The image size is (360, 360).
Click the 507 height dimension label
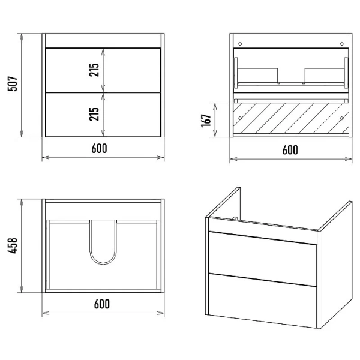(x=13, y=84)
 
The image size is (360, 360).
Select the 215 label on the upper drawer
(x=94, y=70)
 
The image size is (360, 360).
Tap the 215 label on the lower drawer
(x=94, y=114)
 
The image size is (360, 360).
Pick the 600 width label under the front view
(x=99, y=148)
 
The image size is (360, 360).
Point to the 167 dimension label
(x=206, y=120)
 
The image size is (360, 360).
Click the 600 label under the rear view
(x=290, y=149)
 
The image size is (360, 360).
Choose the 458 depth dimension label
(x=13, y=245)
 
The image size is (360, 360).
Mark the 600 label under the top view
(x=102, y=304)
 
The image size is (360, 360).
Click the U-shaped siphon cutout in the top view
(x=103, y=263)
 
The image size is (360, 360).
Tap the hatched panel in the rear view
(x=291, y=118)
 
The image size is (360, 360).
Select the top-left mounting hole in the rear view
(x=240, y=44)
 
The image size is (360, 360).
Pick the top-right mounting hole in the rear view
(x=342, y=44)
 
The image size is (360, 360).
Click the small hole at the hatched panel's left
(x=240, y=118)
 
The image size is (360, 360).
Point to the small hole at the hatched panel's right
(x=342, y=118)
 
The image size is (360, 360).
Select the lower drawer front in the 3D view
(x=262, y=301)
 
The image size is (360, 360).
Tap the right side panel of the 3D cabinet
(x=335, y=265)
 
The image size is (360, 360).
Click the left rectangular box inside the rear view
(x=257, y=76)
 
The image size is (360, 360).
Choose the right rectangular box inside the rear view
(x=325, y=76)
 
